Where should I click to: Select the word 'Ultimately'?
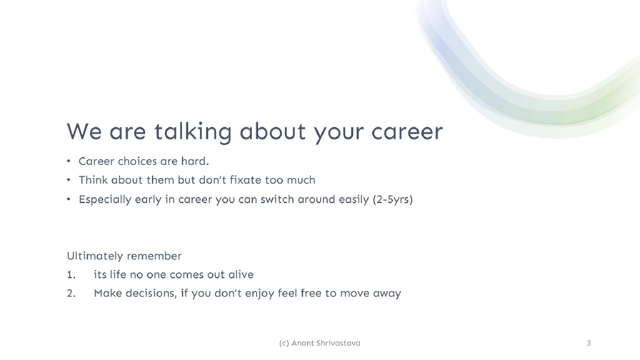click(x=96, y=256)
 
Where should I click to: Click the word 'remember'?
click(x=154, y=256)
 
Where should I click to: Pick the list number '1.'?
click(x=71, y=275)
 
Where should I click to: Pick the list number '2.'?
click(x=71, y=294)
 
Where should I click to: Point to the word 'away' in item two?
click(x=387, y=294)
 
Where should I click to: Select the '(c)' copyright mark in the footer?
click(x=284, y=343)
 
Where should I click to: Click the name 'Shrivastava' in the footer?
click(x=339, y=343)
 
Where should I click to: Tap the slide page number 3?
click(x=589, y=343)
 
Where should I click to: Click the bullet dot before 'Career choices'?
click(x=69, y=161)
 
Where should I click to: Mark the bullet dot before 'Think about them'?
click(x=69, y=181)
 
